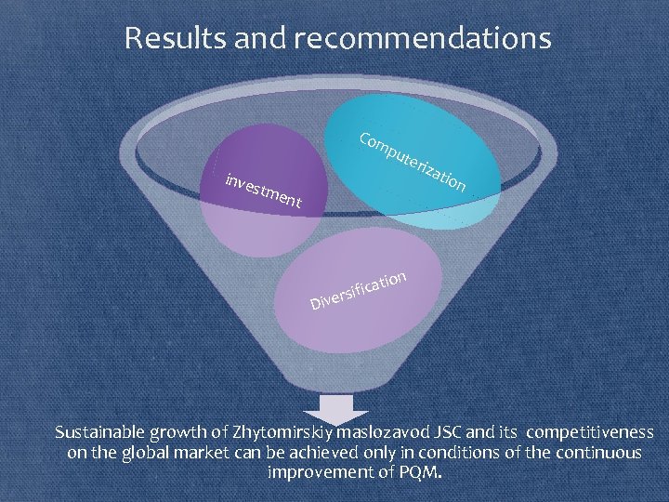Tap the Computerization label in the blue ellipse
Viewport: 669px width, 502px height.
click(x=413, y=163)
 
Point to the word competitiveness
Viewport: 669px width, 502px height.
click(x=589, y=433)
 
